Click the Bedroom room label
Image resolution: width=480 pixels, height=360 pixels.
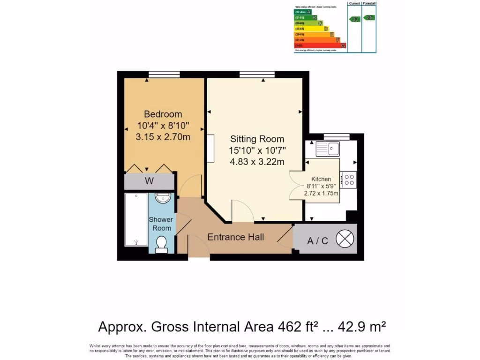click(163, 114)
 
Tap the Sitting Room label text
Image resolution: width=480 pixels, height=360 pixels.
click(257, 139)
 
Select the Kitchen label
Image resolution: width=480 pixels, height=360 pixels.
click(321, 179)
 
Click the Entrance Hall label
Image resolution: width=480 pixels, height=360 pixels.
click(236, 237)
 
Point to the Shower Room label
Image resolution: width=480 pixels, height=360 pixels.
click(161, 224)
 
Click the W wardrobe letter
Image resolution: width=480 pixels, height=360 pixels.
click(150, 181)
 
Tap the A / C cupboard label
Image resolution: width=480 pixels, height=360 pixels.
click(317, 241)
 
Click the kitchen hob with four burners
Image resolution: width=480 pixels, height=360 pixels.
click(349, 180)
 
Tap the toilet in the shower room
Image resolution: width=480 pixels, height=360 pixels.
click(161, 244)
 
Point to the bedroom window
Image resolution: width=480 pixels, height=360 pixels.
click(164, 74)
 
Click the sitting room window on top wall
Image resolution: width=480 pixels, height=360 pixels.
click(257, 74)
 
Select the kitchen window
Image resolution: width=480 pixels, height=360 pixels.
click(336, 136)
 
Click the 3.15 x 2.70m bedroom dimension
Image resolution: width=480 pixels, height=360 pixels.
click(163, 137)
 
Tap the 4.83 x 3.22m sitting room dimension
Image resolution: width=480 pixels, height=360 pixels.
click(257, 162)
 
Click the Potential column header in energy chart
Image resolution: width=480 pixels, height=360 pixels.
click(369, 4)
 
